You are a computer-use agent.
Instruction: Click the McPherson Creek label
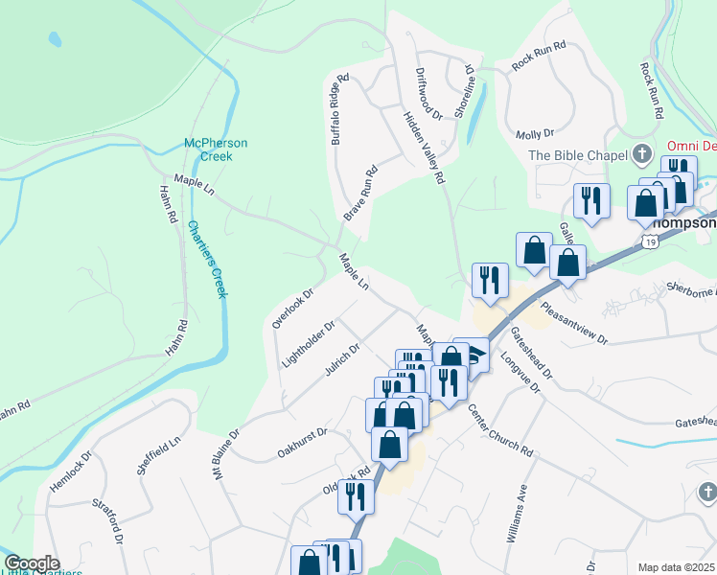click(x=216, y=149)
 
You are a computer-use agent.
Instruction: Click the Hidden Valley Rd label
click(x=425, y=139)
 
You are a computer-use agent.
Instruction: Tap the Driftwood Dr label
click(x=428, y=93)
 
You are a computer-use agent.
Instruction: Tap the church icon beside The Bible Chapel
click(x=642, y=155)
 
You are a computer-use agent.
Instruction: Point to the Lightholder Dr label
click(x=308, y=345)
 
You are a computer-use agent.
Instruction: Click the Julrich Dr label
click(x=340, y=360)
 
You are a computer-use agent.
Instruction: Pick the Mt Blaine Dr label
click(x=226, y=453)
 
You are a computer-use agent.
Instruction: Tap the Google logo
click(x=32, y=563)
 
